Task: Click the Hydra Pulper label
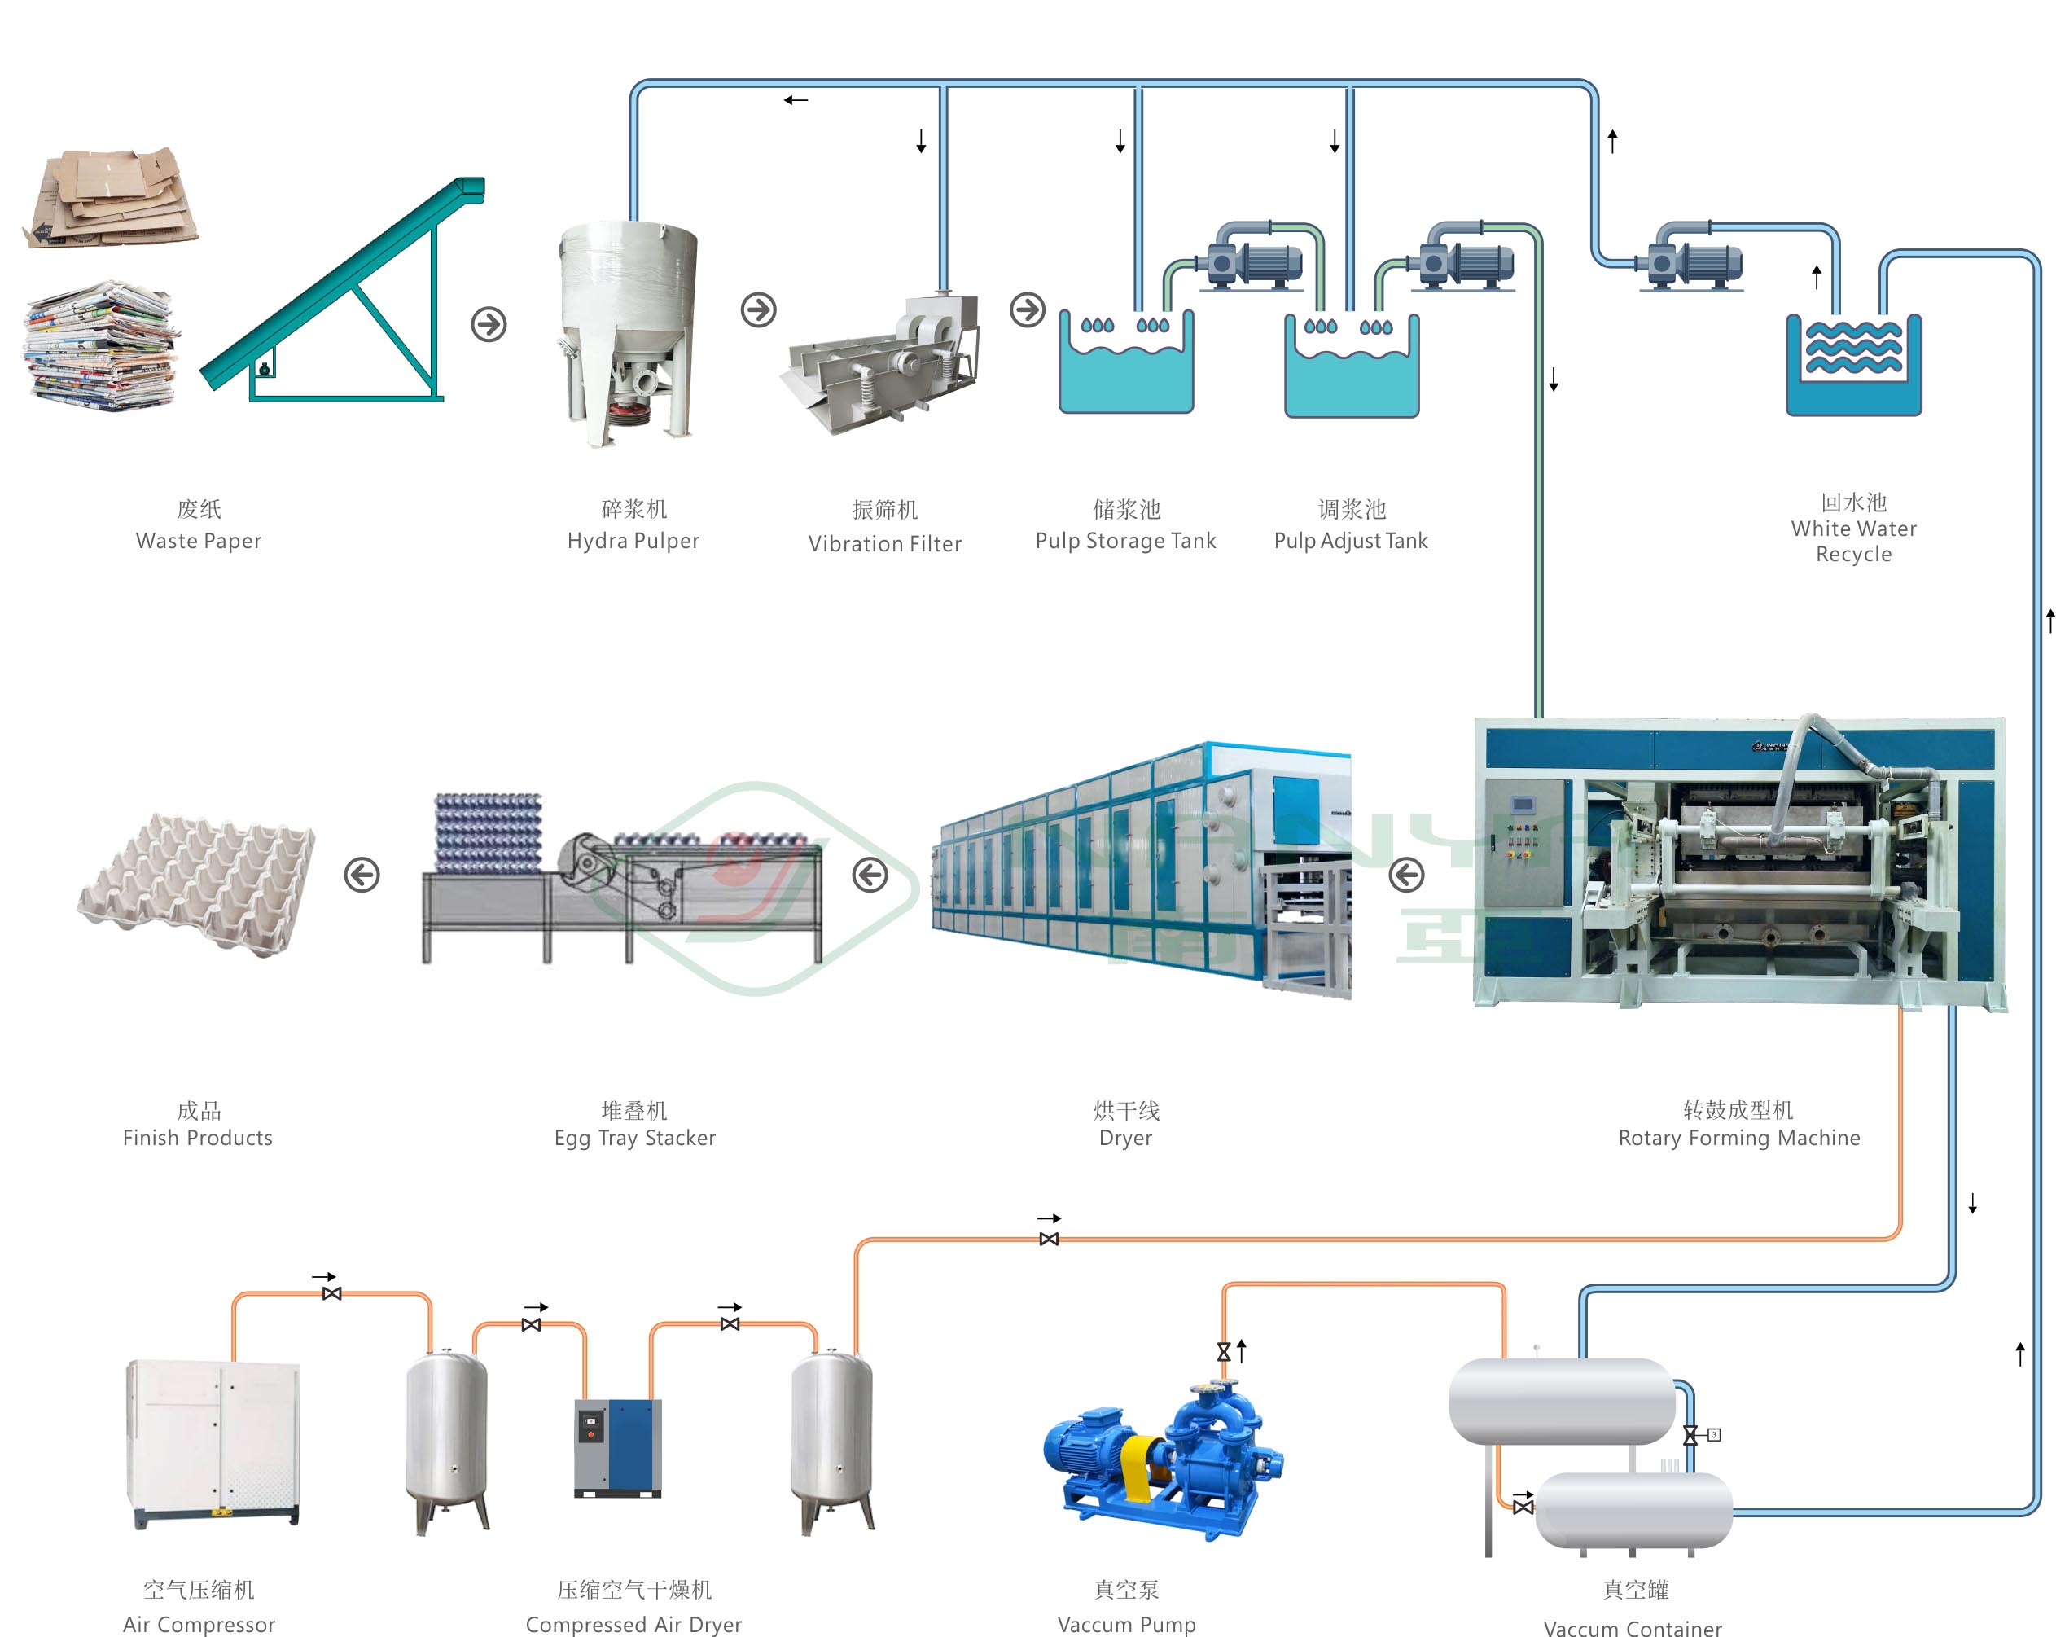point(633,541)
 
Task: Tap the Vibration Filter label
point(884,544)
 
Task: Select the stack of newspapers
point(101,345)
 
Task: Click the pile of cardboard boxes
point(112,199)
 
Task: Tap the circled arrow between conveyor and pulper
point(489,324)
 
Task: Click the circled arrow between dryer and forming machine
point(1406,875)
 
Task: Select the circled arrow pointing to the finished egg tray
point(362,875)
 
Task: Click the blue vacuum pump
point(1164,1459)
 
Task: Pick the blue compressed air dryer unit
point(618,1448)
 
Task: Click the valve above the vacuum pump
point(1225,1352)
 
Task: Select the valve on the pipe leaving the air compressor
point(332,1293)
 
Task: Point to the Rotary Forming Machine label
point(1738,1138)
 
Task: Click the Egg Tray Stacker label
point(634,1138)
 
